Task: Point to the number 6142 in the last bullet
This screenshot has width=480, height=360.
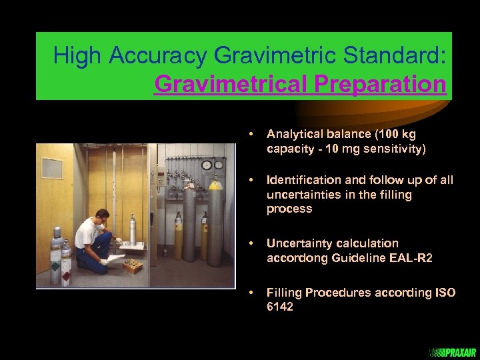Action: click(279, 307)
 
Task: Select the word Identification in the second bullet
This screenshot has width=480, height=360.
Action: click(304, 180)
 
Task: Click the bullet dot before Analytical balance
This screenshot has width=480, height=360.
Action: click(250, 134)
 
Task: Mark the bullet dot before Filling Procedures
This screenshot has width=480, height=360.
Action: click(250, 293)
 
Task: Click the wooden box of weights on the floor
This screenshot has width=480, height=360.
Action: click(132, 267)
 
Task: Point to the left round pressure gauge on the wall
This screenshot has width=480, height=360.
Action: click(205, 165)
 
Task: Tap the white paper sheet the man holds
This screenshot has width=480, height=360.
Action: click(114, 257)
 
